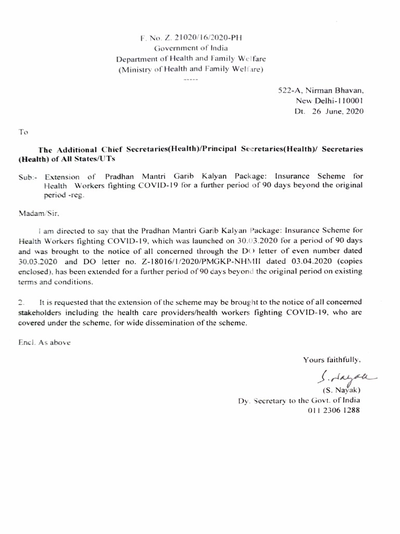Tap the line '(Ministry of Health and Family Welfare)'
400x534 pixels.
pos(191,69)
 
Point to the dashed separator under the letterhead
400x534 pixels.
pos(191,80)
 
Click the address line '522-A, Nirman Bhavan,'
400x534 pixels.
pos(320,90)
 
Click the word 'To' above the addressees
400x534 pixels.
pos(23,132)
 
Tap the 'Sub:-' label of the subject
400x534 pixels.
pos(28,177)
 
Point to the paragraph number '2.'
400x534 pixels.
pos(21,302)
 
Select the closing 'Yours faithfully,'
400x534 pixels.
pos(332,359)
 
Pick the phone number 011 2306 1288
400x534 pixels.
pos(334,410)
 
